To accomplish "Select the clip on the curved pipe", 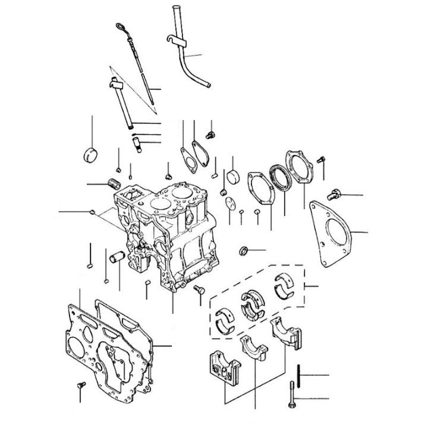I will pyautogui.click(x=176, y=40).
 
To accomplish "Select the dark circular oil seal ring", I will pyautogui.click(x=278, y=176).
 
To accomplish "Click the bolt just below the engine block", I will pyautogui.click(x=199, y=289).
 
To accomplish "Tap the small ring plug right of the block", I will pyautogui.click(x=244, y=250).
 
